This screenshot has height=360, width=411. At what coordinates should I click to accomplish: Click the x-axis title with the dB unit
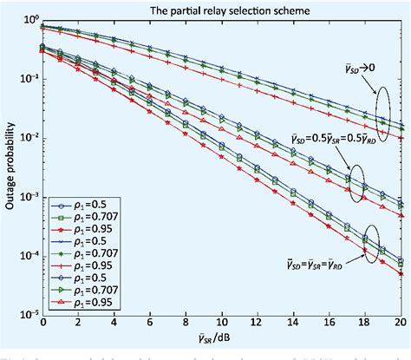221,341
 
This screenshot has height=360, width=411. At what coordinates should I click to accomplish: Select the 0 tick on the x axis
43,323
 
